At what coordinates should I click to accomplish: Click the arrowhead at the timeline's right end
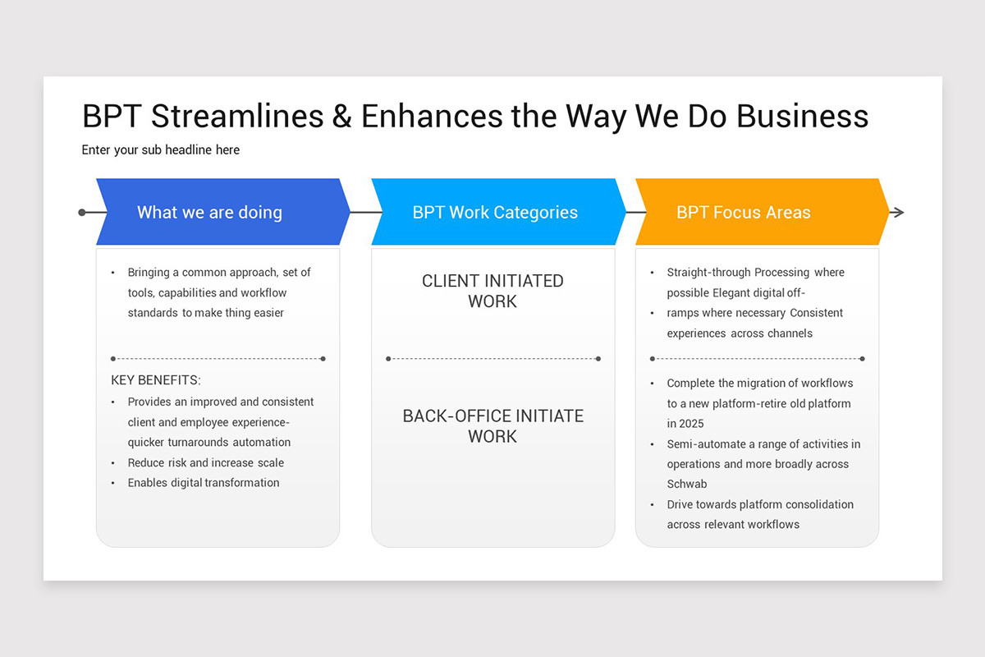(897, 213)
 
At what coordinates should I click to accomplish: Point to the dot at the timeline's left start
(82, 213)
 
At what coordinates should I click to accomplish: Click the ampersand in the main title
(341, 116)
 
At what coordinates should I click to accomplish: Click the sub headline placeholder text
(161, 149)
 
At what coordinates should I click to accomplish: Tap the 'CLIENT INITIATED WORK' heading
(492, 291)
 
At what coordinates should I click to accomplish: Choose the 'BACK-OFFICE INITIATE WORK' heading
(492, 425)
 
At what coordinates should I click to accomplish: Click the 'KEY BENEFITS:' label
(156, 380)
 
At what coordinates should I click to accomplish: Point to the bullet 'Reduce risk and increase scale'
(205, 462)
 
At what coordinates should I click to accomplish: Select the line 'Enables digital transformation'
(203, 483)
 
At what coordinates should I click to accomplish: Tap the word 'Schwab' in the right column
(687, 484)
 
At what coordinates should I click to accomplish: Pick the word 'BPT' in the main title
(112, 116)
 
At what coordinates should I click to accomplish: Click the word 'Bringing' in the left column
(150, 273)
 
